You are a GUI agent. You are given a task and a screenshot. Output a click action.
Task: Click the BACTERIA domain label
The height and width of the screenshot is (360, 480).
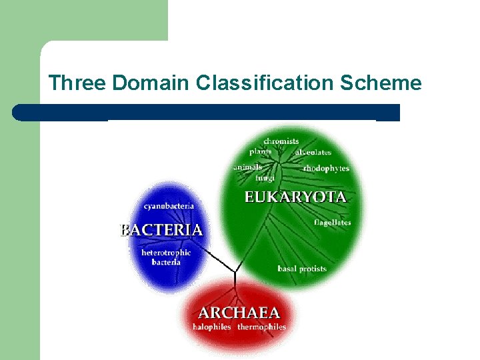(161, 230)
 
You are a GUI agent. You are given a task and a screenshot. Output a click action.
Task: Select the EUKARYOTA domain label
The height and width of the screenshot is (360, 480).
(295, 197)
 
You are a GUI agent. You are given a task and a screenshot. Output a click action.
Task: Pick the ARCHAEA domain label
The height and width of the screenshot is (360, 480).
(239, 313)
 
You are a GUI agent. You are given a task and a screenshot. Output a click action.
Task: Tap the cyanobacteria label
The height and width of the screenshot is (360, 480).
(169, 206)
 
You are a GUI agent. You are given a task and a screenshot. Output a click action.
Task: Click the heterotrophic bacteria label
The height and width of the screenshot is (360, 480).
(166, 257)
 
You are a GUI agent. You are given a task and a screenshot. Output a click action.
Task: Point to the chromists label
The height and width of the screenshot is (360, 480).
(281, 141)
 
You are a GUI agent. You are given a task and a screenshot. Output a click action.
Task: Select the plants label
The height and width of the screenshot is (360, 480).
(261, 151)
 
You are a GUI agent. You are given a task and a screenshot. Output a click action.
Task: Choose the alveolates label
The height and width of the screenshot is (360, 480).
(313, 153)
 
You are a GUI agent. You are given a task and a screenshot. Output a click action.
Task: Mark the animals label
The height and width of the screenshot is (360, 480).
(248, 167)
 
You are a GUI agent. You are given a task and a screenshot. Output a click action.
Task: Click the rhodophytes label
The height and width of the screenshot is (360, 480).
(326, 169)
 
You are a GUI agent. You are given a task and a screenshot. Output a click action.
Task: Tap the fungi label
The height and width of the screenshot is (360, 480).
(265, 178)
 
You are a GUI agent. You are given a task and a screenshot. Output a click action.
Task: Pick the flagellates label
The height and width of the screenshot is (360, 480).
(332, 223)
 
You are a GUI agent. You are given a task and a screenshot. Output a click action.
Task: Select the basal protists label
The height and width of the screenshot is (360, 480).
(302, 269)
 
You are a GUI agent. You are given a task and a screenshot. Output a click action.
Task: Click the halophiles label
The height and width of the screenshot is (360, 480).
(211, 327)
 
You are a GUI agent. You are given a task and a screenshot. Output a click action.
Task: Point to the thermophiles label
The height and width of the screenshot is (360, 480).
(261, 327)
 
